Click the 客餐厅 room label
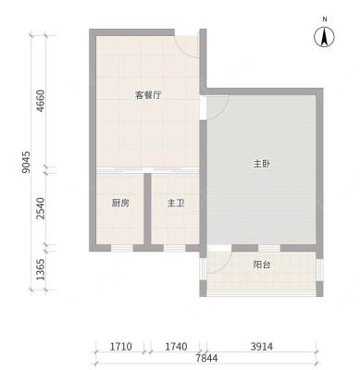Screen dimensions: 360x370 [148, 95]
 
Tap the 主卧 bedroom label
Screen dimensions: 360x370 [262, 164]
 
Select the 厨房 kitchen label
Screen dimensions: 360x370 [120, 203]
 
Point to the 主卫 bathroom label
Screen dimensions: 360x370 [176, 203]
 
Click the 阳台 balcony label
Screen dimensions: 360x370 [262, 265]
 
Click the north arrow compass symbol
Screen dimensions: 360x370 [324, 37]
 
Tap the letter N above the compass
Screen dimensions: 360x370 [325, 19]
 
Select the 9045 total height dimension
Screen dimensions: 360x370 [26, 162]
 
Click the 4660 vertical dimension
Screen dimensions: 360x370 [41, 101]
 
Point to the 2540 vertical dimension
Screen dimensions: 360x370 [41, 208]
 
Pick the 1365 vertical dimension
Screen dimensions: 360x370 [41, 269]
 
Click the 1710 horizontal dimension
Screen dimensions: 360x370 [121, 347]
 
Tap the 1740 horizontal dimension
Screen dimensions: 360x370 [176, 347]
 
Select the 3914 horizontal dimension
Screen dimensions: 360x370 [262, 347]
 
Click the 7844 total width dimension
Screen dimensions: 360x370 [206, 358]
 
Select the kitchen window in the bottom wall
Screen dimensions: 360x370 [122, 248]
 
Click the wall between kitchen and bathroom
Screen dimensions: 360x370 [147, 209]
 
